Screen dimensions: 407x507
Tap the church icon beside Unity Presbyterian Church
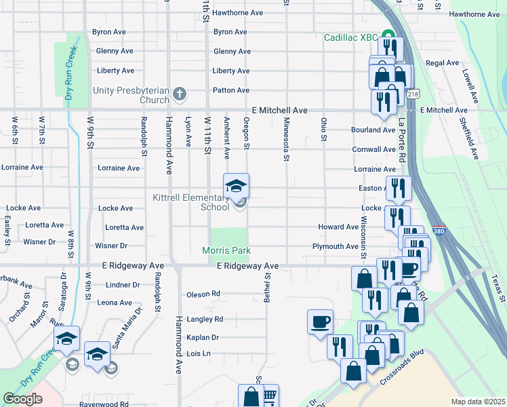point(180,92)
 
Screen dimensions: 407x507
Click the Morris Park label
point(226,251)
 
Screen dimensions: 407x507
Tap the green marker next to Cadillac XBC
point(388,36)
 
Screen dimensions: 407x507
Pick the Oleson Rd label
point(203,294)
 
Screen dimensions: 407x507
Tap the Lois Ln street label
point(199,353)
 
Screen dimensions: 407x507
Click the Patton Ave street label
point(231,90)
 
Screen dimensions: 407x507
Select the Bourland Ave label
point(373,130)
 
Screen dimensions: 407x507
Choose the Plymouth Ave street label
point(334,247)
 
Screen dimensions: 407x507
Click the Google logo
point(22,399)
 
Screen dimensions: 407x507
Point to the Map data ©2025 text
point(478,402)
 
